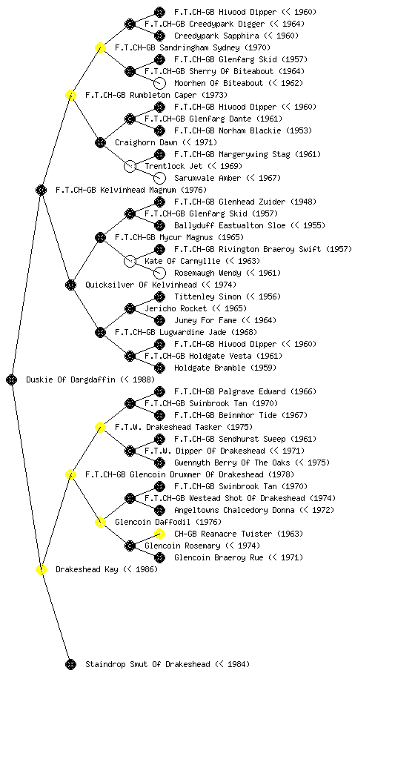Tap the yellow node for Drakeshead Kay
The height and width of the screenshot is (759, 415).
(41, 569)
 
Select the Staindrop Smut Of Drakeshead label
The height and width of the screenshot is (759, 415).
(147, 664)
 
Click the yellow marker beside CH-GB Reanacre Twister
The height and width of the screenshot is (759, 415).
(159, 534)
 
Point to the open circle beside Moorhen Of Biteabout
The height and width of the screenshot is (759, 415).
(159, 83)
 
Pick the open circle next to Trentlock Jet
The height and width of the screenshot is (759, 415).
(130, 166)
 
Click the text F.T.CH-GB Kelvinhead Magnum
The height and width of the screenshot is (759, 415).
(116, 190)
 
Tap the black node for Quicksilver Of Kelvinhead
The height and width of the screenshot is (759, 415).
(70, 285)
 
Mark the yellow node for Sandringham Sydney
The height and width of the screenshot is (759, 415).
(100, 47)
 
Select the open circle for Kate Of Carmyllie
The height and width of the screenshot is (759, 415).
(130, 261)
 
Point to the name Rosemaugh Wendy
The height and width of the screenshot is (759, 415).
(207, 273)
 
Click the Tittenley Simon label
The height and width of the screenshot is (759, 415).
(207, 296)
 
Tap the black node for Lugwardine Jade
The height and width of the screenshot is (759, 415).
(100, 332)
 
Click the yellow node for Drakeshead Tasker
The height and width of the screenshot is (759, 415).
(100, 427)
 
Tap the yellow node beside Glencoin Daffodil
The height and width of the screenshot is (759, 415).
(100, 522)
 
